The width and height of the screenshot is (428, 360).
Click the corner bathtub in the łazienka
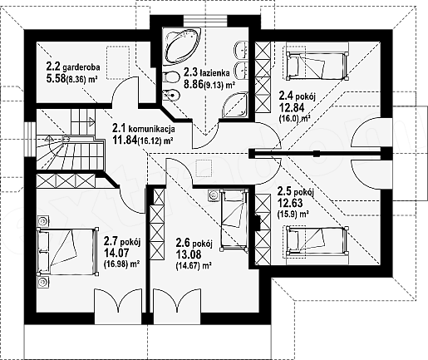tap(181, 46)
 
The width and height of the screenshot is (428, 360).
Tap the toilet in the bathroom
tap(170, 77)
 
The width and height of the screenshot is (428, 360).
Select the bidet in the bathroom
tap(171, 96)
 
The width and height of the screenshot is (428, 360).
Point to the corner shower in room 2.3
tap(235, 106)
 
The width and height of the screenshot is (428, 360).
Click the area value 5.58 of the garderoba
tap(56, 78)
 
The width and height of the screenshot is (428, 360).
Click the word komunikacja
tap(151, 129)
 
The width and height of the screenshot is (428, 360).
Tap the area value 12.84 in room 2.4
tap(292, 107)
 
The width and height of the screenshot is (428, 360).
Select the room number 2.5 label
tap(285, 191)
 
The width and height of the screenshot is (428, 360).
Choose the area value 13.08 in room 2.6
tap(189, 254)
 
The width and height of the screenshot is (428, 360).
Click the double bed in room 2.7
tap(68, 252)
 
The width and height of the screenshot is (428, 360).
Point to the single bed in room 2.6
tap(234, 219)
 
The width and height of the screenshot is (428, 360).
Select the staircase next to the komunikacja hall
tap(71, 140)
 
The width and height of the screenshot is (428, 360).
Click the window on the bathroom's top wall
tap(205, 21)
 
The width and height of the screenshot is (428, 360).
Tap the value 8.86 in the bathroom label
tap(194, 84)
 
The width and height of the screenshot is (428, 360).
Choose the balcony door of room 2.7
tap(119, 306)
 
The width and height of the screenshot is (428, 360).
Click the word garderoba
tap(81, 67)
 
